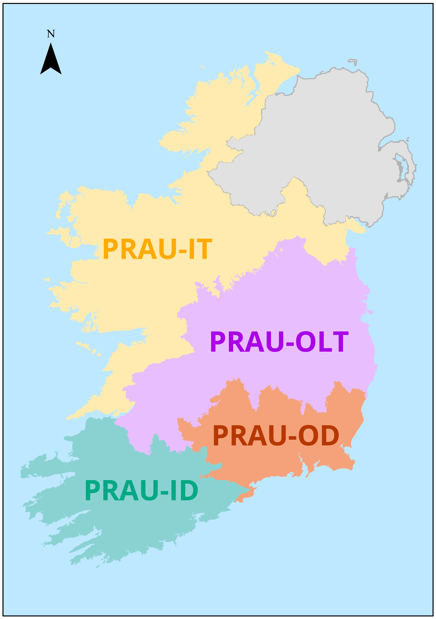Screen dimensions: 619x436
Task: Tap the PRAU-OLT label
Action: (279, 342)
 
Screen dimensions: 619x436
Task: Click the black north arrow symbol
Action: (51, 61)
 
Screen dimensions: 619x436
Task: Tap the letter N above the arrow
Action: (51, 34)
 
